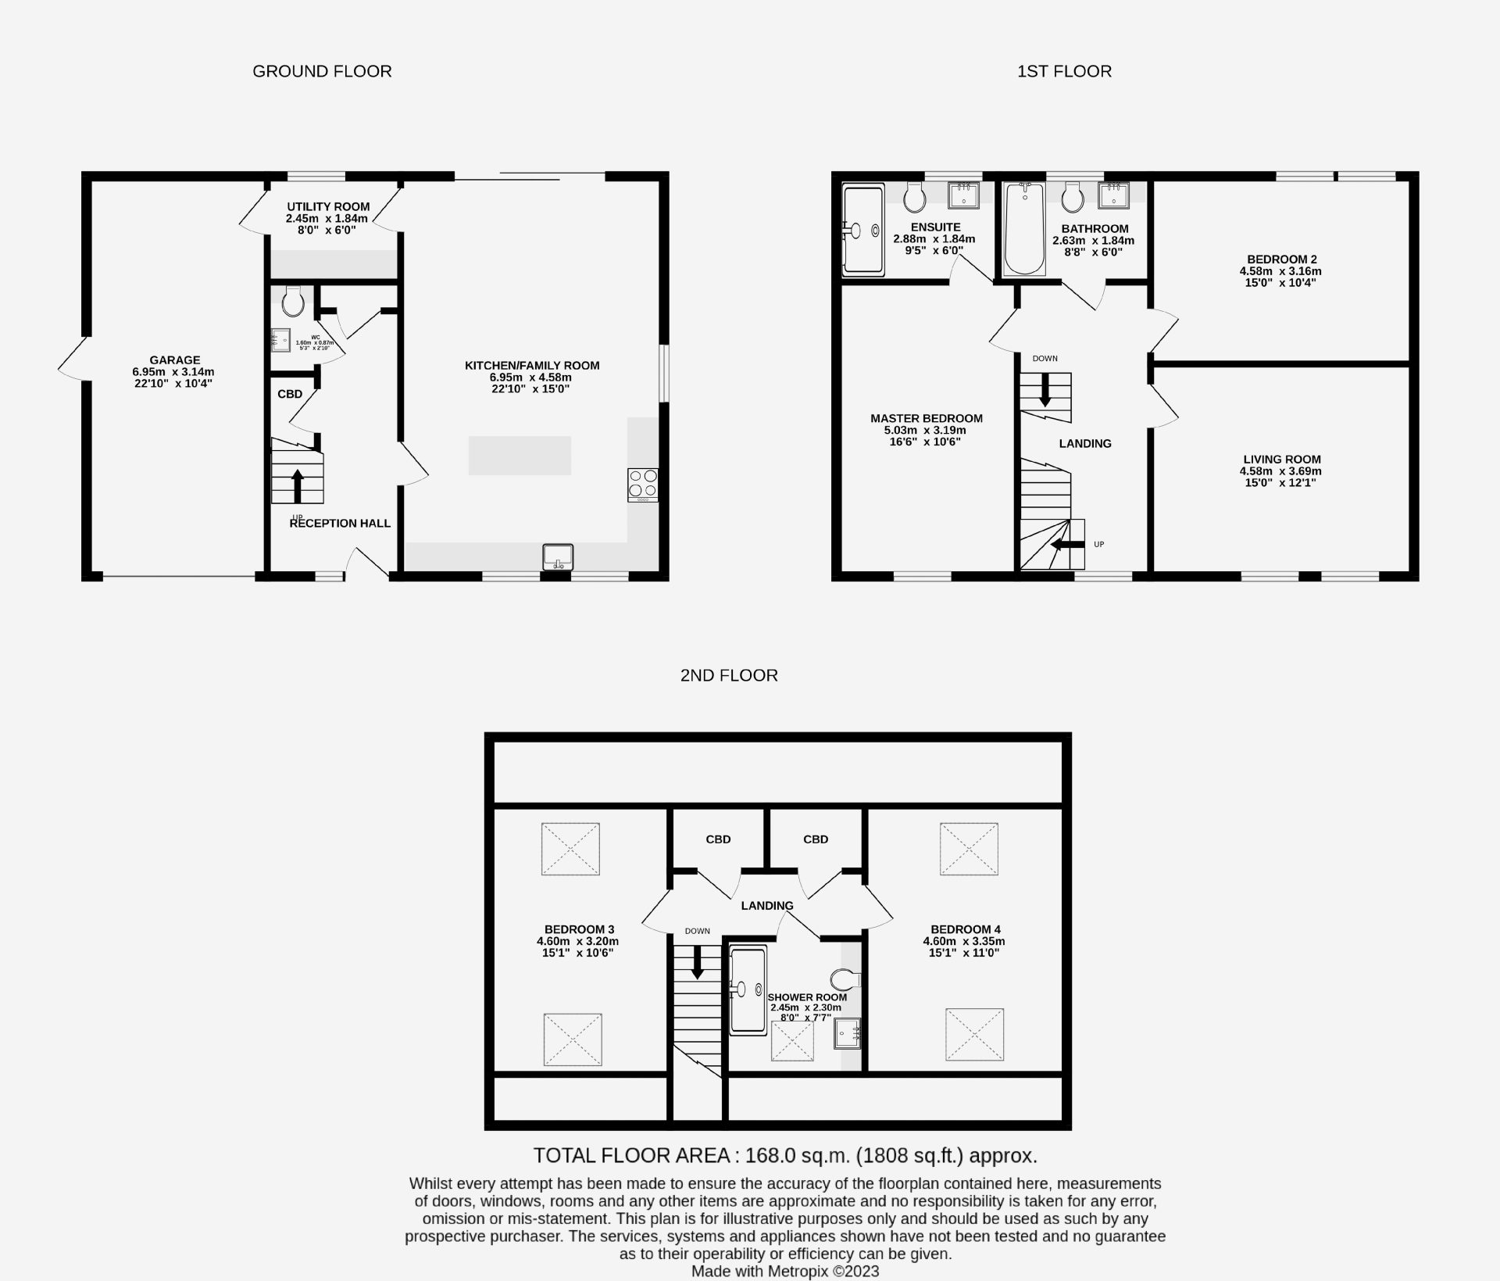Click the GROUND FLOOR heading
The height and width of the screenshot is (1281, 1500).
(322, 71)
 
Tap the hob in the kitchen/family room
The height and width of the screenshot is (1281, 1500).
(642, 485)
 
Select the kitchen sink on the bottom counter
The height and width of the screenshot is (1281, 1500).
(558, 557)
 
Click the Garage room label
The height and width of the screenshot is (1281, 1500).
(175, 360)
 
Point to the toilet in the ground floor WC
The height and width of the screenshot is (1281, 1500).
(294, 300)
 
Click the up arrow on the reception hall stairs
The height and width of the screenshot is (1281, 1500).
(297, 485)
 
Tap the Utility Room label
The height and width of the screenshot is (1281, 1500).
(328, 207)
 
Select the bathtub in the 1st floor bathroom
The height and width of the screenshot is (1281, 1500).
(1023, 229)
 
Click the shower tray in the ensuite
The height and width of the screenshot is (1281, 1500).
(863, 230)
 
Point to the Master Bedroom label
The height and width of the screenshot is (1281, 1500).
(927, 418)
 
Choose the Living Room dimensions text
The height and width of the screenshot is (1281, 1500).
(1280, 477)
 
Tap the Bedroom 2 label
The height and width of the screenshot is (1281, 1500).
(1280, 259)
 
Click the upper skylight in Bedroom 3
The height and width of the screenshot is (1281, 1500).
(570, 849)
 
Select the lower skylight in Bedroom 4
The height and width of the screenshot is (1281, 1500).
(974, 1034)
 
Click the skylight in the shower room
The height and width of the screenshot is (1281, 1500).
(792, 1041)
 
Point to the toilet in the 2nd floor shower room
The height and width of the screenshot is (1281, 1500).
(845, 979)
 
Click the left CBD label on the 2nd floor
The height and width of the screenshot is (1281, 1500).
(718, 839)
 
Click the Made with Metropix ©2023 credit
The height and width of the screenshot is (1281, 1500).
(784, 1272)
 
